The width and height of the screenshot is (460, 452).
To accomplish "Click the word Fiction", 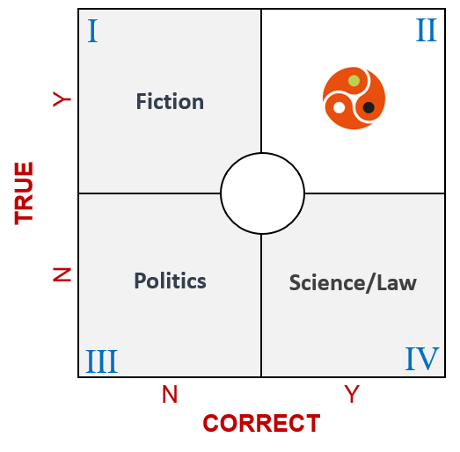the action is [x=170, y=101].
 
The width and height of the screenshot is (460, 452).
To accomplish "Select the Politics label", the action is [x=170, y=281].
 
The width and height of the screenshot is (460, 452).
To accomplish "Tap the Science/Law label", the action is [x=353, y=283].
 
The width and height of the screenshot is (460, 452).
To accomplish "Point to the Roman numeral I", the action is [x=92, y=31].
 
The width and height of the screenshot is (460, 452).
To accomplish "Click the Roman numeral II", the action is [x=427, y=30].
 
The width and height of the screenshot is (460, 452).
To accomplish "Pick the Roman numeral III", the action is [x=101, y=361].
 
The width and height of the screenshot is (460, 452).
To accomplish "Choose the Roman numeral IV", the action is [x=422, y=359].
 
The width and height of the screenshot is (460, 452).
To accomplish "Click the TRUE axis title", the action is [x=24, y=193].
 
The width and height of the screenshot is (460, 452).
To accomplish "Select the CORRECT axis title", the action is [x=261, y=423].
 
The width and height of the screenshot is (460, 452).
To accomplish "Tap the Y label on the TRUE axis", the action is [x=62, y=99].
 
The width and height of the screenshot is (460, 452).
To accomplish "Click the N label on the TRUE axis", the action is [x=62, y=274].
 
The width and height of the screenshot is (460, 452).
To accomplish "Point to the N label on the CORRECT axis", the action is [x=170, y=394].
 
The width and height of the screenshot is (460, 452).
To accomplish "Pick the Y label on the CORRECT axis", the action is [x=352, y=394].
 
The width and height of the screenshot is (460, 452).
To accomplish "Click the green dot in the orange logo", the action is [x=354, y=81].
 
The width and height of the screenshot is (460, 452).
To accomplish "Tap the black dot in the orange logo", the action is [x=369, y=107].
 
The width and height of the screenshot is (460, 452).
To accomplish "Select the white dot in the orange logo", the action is [x=340, y=107].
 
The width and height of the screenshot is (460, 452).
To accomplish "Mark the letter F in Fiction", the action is [x=142, y=101].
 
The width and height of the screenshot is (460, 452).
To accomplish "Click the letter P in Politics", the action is [x=140, y=281].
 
